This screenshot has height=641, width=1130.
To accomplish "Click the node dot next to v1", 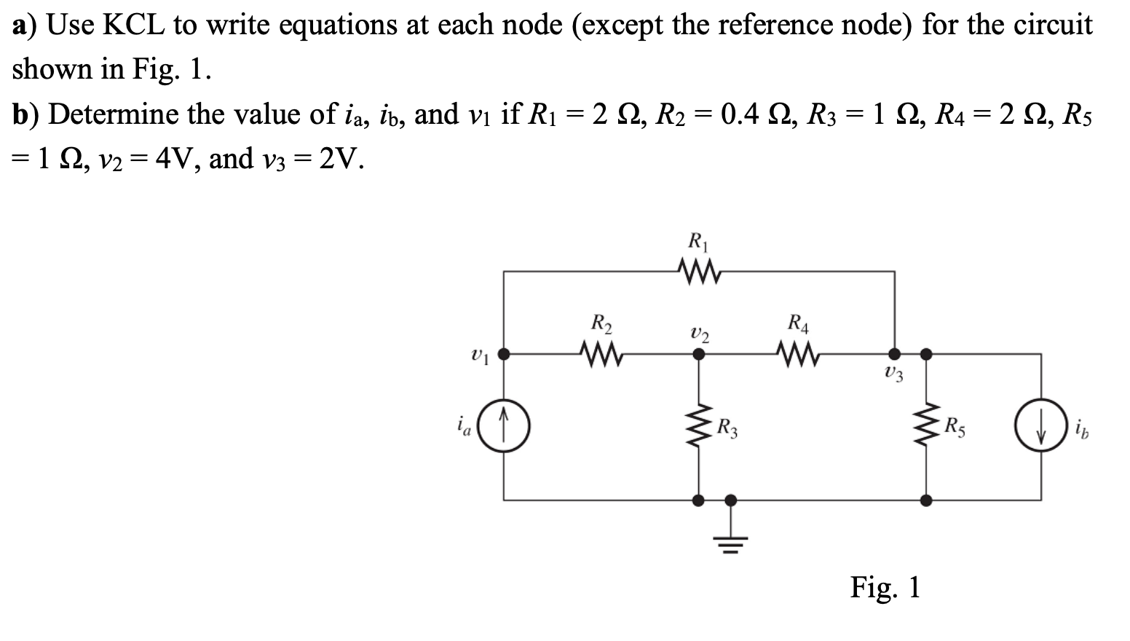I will coord(504,355).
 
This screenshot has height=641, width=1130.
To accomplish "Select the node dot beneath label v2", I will coord(699,355).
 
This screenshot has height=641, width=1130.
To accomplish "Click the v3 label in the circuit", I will coord(895,375).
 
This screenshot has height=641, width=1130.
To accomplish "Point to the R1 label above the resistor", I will coord(698,240).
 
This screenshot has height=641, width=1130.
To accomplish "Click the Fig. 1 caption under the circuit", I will coord(885,587).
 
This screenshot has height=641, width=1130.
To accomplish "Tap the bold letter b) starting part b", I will coord(25,115).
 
